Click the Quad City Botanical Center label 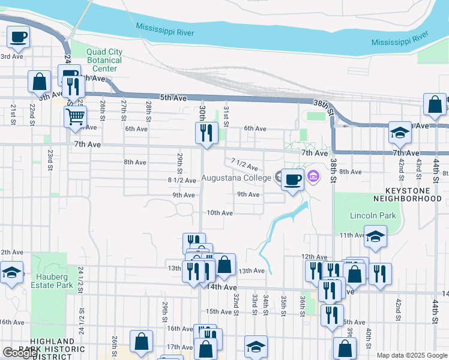104,60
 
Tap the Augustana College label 237,178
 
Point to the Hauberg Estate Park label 53,281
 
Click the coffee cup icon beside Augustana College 292,180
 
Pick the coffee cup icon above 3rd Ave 19,37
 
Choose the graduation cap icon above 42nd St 400,133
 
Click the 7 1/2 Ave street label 244,164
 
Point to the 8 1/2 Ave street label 182,180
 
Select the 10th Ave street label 220,213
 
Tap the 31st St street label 226,116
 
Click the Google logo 20,353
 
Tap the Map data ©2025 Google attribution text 411,355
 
